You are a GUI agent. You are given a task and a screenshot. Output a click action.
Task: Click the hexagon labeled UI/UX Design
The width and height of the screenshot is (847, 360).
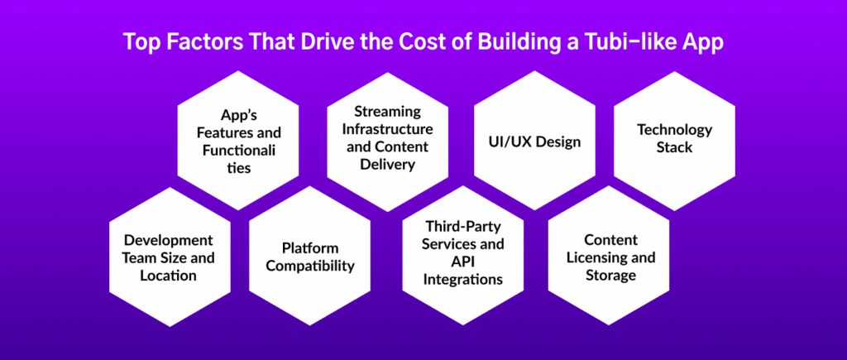pos(535,141)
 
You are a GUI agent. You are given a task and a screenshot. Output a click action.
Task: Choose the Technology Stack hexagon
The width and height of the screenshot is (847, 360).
pos(675,141)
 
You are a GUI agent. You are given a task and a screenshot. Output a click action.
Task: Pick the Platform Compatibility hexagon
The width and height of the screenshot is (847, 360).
pos(310,256)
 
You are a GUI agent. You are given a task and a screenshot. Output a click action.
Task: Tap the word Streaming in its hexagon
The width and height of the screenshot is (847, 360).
pos(387,112)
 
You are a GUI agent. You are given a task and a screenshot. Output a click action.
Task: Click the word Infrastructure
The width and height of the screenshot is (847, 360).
pos(387,129)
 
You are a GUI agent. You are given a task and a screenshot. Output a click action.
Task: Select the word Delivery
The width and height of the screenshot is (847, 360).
pos(387,165)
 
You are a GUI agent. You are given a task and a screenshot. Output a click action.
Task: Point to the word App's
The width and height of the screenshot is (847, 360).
pos(238,114)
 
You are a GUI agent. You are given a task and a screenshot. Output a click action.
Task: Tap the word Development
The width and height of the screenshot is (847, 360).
pos(169,239)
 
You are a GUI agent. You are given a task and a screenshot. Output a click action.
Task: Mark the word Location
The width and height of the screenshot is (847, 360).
pos(168,275)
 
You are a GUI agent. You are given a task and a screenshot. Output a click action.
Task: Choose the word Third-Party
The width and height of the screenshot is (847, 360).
pos(463,226)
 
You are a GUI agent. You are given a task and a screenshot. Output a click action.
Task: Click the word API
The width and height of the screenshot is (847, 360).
pos(463,262)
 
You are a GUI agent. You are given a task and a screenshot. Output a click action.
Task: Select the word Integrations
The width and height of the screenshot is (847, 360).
pos(463,280)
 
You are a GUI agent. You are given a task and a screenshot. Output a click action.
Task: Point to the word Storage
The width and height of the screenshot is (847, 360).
pos(610,275)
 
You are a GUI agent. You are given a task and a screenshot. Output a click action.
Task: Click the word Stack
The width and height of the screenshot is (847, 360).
pos(674,147)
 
